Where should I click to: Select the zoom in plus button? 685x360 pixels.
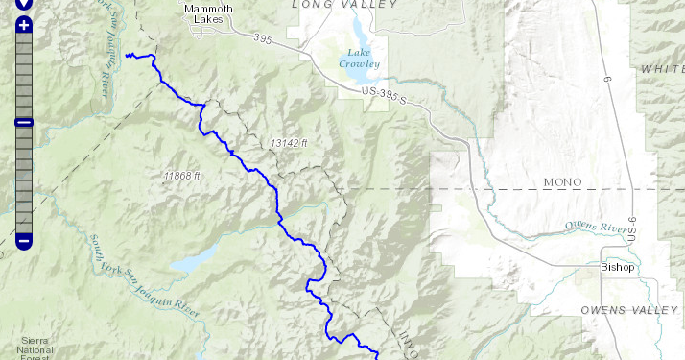[x=24, y=24]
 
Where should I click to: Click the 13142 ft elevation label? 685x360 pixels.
[x=289, y=142]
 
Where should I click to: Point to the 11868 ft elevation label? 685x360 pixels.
[x=181, y=176]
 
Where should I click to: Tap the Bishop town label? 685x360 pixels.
[x=617, y=267]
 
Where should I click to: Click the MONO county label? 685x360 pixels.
[x=562, y=182]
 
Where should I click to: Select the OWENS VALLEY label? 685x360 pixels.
[x=625, y=310]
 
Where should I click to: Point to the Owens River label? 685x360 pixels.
[x=595, y=227]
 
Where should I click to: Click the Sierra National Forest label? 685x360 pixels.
[x=35, y=348]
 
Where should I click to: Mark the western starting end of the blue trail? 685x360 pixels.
[x=128, y=56]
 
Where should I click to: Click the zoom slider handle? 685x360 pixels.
[x=24, y=122]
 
